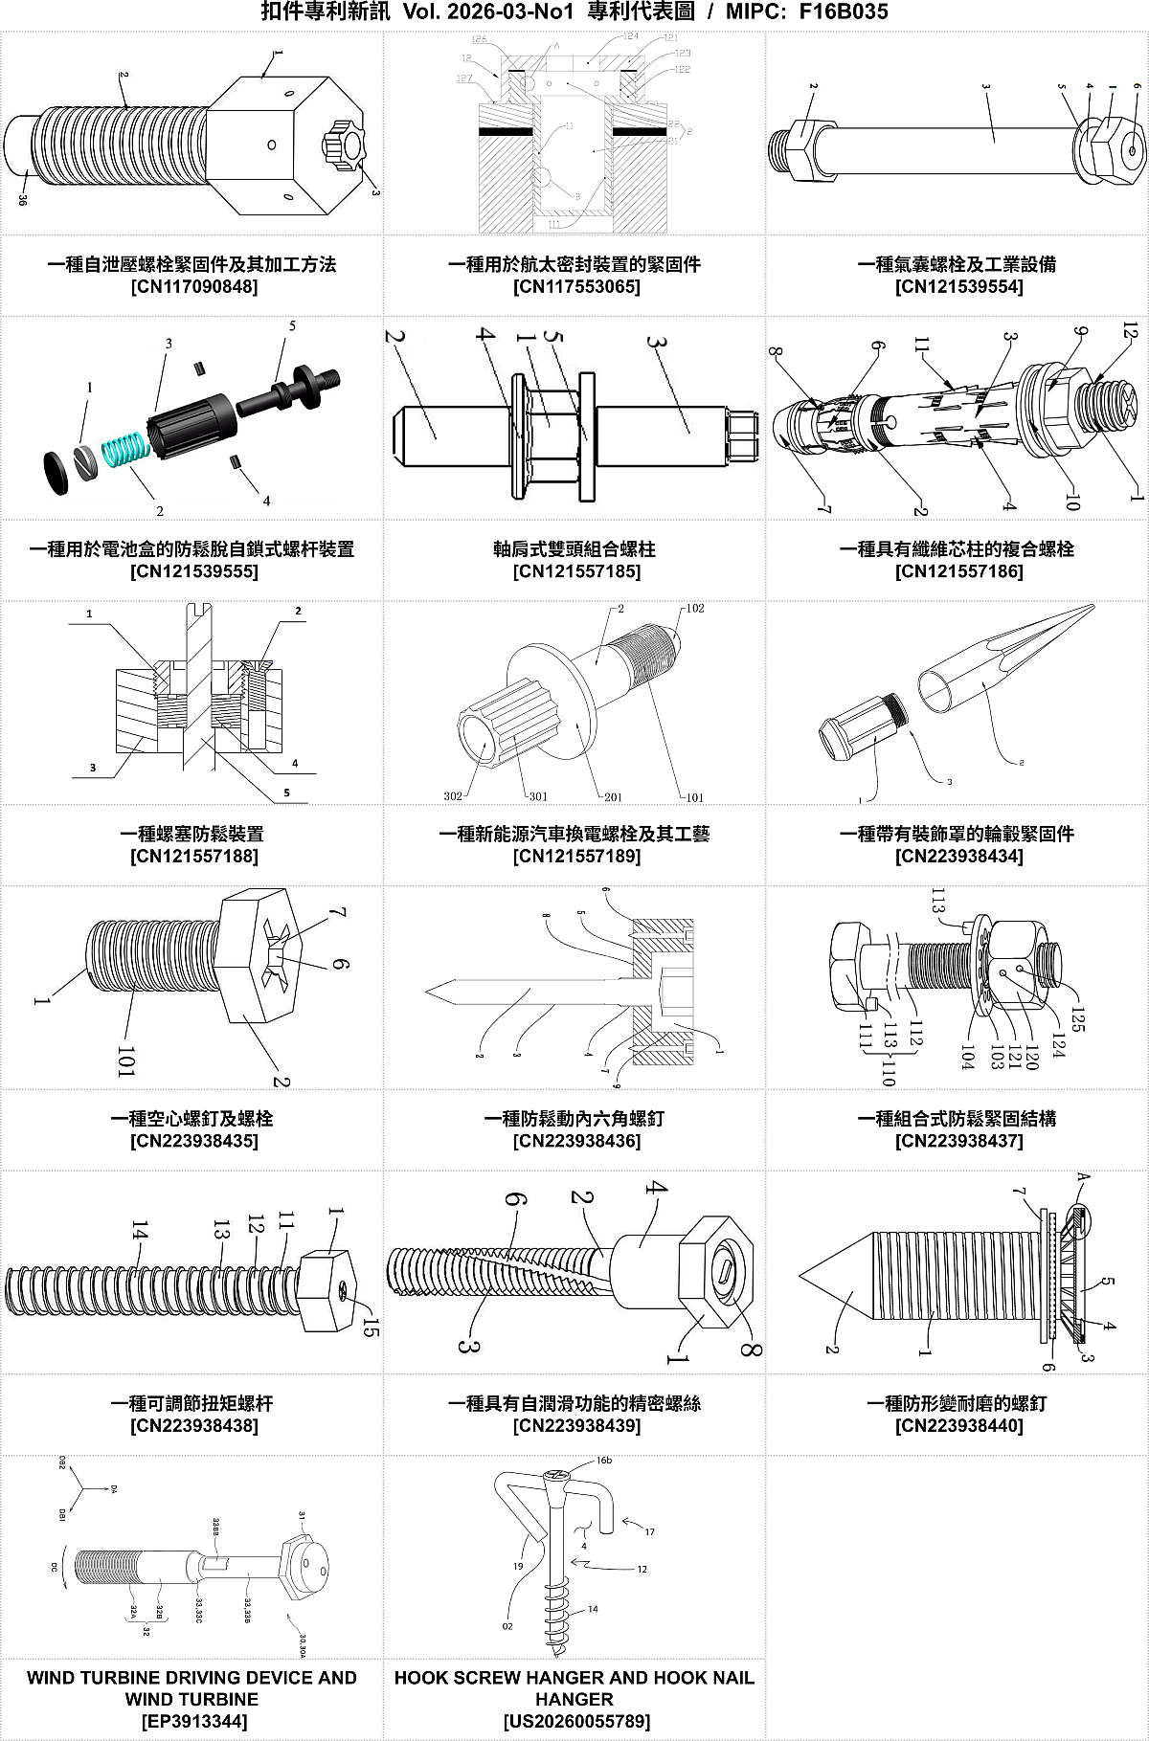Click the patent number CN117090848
[x=193, y=286]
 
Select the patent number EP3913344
[x=191, y=1721]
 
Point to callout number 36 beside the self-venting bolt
[x=22, y=199]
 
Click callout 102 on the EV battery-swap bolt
[x=694, y=609]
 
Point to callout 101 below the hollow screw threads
[x=125, y=1060]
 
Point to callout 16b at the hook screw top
[x=603, y=1462]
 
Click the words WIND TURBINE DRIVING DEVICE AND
[x=191, y=1677]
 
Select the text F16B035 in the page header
[x=843, y=11]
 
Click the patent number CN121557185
[x=576, y=571]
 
